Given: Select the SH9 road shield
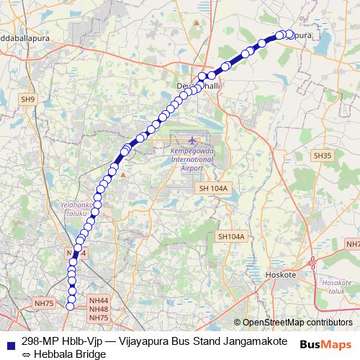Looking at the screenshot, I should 27,99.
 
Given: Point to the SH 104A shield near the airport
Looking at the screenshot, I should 212,188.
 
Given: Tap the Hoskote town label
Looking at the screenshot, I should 282,274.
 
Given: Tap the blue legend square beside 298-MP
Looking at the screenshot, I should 9,341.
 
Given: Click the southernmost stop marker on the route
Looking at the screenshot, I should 71,307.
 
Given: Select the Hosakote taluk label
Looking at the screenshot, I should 333,287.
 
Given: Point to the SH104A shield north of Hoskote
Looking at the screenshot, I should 231,236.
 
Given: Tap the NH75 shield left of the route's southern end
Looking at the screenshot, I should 43,304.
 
